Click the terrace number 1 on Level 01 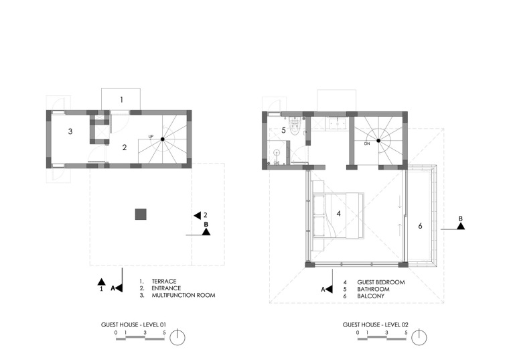click(121, 100)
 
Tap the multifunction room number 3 click(70, 131)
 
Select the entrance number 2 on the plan click(125, 147)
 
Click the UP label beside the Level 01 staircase click(151, 137)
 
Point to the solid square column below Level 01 click(141, 215)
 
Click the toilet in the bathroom click(295, 127)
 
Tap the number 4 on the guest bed click(339, 213)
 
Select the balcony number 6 click(420, 226)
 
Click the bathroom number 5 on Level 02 click(283, 130)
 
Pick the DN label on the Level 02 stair click(367, 143)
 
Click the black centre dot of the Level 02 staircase click(378, 141)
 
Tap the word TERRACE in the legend click(164, 282)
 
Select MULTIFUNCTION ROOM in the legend click(184, 296)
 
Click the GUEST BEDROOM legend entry click(381, 282)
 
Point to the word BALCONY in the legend click(371, 296)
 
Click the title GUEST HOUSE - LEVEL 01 click(133, 324)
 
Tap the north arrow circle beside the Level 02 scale click(419, 338)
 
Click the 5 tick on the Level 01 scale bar click(164, 333)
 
